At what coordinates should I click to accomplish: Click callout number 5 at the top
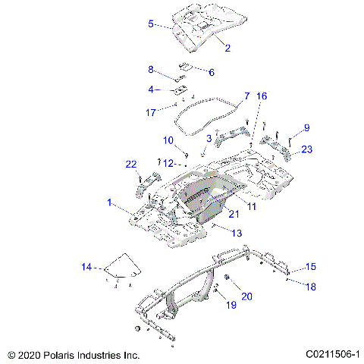[x=150, y=24]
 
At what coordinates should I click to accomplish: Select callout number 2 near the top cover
[x=227, y=47]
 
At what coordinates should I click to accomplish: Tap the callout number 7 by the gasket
[x=246, y=96]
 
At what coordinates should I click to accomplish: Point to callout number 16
[x=261, y=96]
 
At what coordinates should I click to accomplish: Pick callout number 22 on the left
[x=130, y=165]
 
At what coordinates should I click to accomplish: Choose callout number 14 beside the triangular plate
[x=86, y=266]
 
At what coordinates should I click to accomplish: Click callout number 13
[x=237, y=234]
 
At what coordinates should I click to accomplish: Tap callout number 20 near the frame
[x=246, y=297]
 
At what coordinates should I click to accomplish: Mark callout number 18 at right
[x=310, y=286]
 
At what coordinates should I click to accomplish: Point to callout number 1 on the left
[x=110, y=203]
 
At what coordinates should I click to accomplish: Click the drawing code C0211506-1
[x=333, y=354]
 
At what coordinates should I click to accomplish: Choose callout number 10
[x=168, y=140]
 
